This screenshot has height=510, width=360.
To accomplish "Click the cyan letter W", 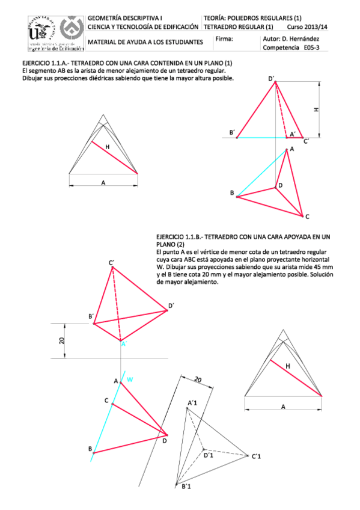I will [130, 379].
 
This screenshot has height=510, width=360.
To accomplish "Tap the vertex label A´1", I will [194, 402].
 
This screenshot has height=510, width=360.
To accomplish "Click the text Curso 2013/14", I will [308, 27].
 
